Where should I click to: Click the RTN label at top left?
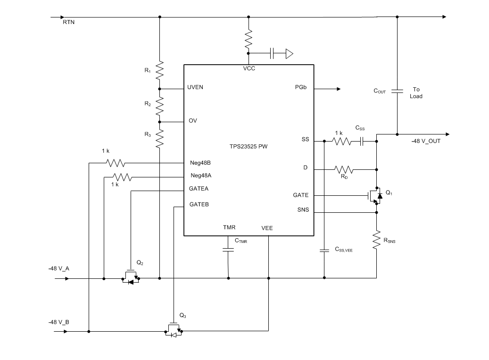coord(68,23)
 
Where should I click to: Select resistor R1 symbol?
coord(160,70)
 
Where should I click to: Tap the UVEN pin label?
coord(195,88)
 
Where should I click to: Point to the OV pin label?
coord(193,121)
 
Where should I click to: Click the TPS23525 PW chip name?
coord(249,146)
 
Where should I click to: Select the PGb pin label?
coord(301,88)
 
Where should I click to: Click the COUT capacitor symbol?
coord(397,91)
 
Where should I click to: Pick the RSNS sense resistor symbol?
coord(377,240)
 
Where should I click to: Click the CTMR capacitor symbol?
coord(228,249)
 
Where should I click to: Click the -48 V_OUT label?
coord(425,141)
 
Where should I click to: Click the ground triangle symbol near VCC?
coord(289,54)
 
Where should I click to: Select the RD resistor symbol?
coord(344,169)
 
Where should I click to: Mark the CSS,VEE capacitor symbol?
coord(324,250)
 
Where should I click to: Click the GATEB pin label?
coord(199,205)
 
